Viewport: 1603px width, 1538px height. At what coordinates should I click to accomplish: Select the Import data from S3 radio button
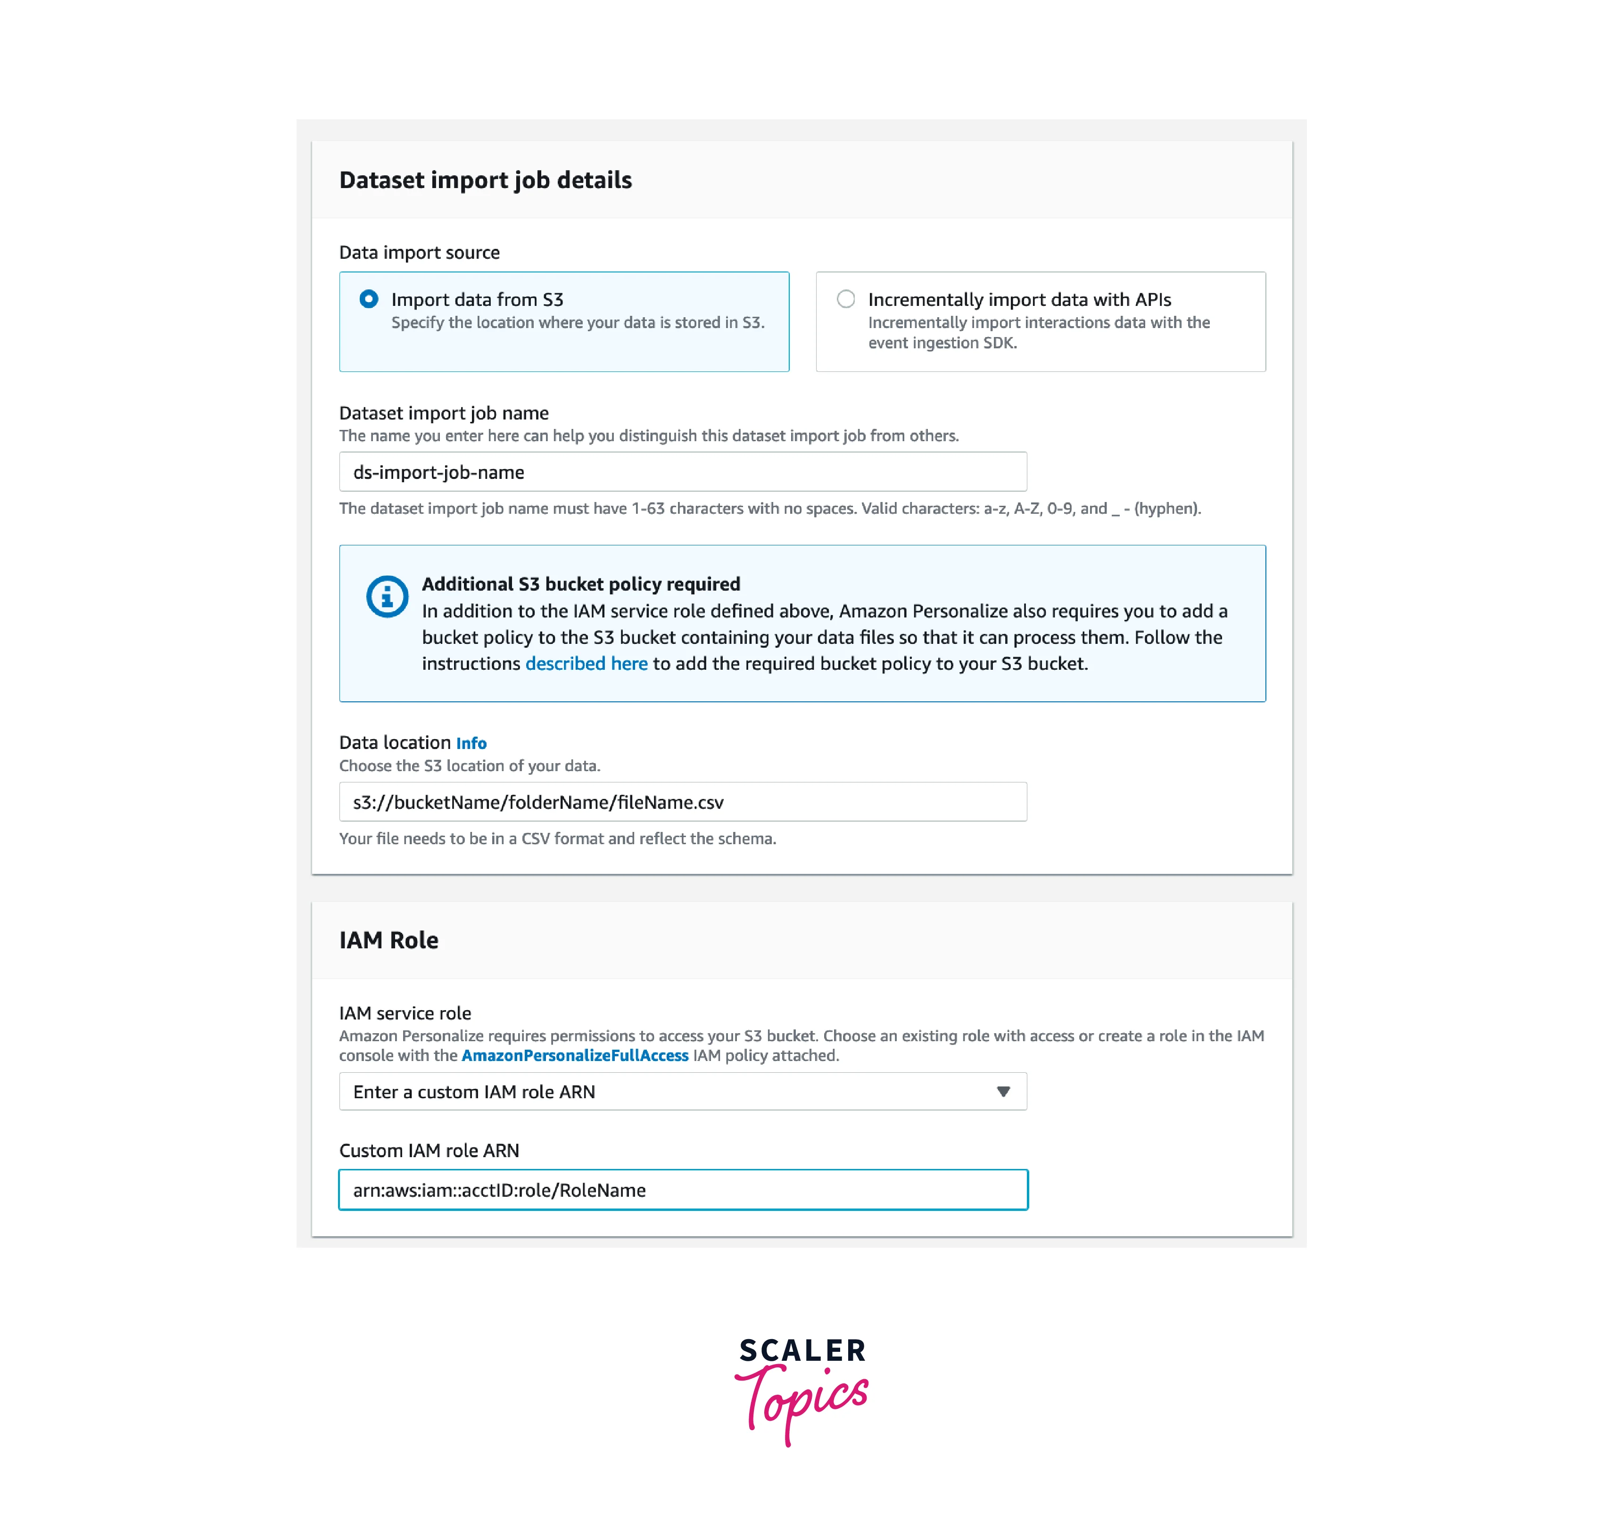[369, 299]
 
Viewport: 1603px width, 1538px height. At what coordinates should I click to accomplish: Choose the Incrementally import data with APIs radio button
[846, 299]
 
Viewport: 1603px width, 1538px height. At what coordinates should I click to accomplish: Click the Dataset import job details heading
[485, 180]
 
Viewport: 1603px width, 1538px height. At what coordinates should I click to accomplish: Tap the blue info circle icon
[387, 596]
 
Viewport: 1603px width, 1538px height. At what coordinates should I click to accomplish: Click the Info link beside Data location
[471, 743]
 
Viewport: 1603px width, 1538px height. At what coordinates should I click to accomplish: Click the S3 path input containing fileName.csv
[682, 802]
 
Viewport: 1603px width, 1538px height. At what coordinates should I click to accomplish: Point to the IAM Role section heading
[388, 940]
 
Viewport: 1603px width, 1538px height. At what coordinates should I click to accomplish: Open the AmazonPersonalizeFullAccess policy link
[574, 1056]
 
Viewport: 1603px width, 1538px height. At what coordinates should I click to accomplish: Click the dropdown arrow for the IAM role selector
[1003, 1092]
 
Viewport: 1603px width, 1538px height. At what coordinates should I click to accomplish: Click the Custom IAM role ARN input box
[682, 1190]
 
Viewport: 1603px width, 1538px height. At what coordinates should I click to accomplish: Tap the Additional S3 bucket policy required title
[581, 584]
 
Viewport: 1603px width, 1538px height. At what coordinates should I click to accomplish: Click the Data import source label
[419, 253]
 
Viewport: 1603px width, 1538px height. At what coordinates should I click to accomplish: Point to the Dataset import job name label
[443, 413]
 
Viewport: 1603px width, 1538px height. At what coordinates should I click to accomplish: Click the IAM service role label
[405, 1013]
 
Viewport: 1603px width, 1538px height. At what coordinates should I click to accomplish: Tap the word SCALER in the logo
[802, 1351]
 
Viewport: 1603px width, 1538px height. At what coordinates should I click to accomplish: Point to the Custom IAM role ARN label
[429, 1151]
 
